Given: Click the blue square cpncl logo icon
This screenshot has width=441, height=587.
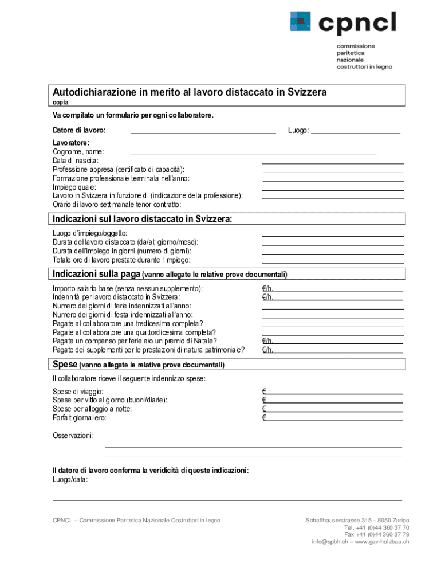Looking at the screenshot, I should click(x=300, y=22).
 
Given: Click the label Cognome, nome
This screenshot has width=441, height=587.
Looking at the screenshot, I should click(x=78, y=152).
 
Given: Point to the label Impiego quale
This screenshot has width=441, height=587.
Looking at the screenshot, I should click(x=74, y=187).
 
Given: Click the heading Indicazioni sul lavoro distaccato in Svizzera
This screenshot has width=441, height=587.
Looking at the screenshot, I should click(x=143, y=219).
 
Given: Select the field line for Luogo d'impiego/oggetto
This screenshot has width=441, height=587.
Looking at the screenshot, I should click(x=333, y=234).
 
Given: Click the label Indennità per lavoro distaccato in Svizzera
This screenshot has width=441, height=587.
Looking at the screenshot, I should click(x=116, y=297).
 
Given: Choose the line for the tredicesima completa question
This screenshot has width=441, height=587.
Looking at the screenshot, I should click(x=333, y=325).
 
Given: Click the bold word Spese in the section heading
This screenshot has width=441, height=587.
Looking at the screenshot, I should click(x=65, y=365).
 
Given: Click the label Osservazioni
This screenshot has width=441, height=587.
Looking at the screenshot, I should click(x=73, y=436).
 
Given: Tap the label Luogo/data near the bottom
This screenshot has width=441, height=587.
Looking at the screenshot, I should click(x=70, y=479).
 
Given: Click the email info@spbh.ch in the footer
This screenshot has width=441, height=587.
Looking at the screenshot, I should click(x=330, y=542).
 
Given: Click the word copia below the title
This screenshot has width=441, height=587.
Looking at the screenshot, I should click(x=61, y=103).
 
